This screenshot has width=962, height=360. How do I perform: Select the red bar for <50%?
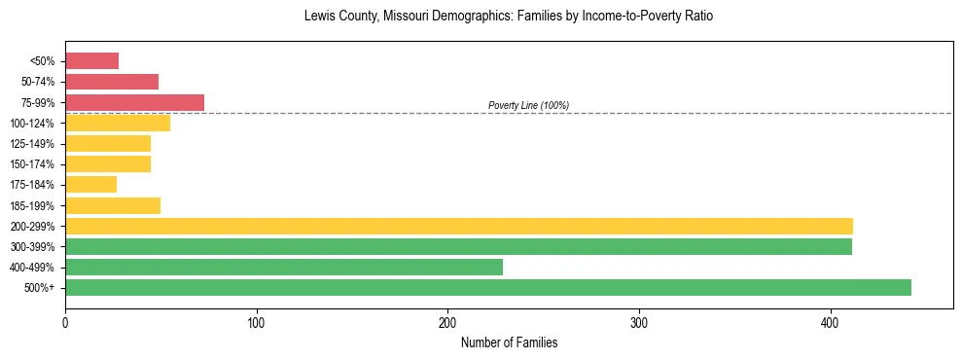(91, 61)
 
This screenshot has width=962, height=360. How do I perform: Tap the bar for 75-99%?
(134, 102)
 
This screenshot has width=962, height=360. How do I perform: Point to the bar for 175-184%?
(90, 184)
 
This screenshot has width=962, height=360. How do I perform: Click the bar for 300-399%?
(458, 246)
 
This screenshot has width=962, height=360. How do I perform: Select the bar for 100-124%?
(118, 123)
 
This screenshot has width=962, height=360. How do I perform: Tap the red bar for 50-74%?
(112, 82)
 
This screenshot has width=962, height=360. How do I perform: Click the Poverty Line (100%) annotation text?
(528, 105)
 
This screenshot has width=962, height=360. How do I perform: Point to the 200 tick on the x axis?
(448, 309)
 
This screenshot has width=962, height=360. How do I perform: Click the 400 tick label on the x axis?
(831, 324)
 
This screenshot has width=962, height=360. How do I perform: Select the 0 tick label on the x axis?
(65, 324)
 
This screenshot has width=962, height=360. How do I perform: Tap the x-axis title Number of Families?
(509, 343)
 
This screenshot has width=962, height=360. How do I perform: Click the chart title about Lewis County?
(509, 17)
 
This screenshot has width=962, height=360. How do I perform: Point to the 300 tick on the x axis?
(639, 309)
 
